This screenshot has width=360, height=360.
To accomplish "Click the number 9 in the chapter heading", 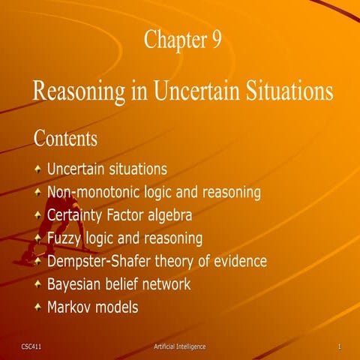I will click(216, 40).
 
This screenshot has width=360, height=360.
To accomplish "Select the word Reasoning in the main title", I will click(80, 91).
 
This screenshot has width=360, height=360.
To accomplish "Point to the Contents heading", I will click(65, 139).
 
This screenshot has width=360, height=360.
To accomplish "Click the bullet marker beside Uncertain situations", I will click(37, 169).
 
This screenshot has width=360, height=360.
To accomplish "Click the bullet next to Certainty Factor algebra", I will click(37, 216).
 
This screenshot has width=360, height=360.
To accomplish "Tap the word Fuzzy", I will click(66, 239).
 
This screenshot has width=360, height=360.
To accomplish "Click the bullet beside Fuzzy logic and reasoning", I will click(37, 239).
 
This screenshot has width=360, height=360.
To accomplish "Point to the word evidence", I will click(240, 262).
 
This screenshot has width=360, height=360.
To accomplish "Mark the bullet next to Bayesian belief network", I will click(37, 285).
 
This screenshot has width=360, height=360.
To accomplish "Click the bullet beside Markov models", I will click(37, 308).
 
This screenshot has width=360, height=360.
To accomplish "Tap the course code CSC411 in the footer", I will click(32, 346).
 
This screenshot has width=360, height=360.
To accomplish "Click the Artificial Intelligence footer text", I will click(178, 346).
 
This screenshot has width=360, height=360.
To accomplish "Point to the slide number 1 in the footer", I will click(340, 346).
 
